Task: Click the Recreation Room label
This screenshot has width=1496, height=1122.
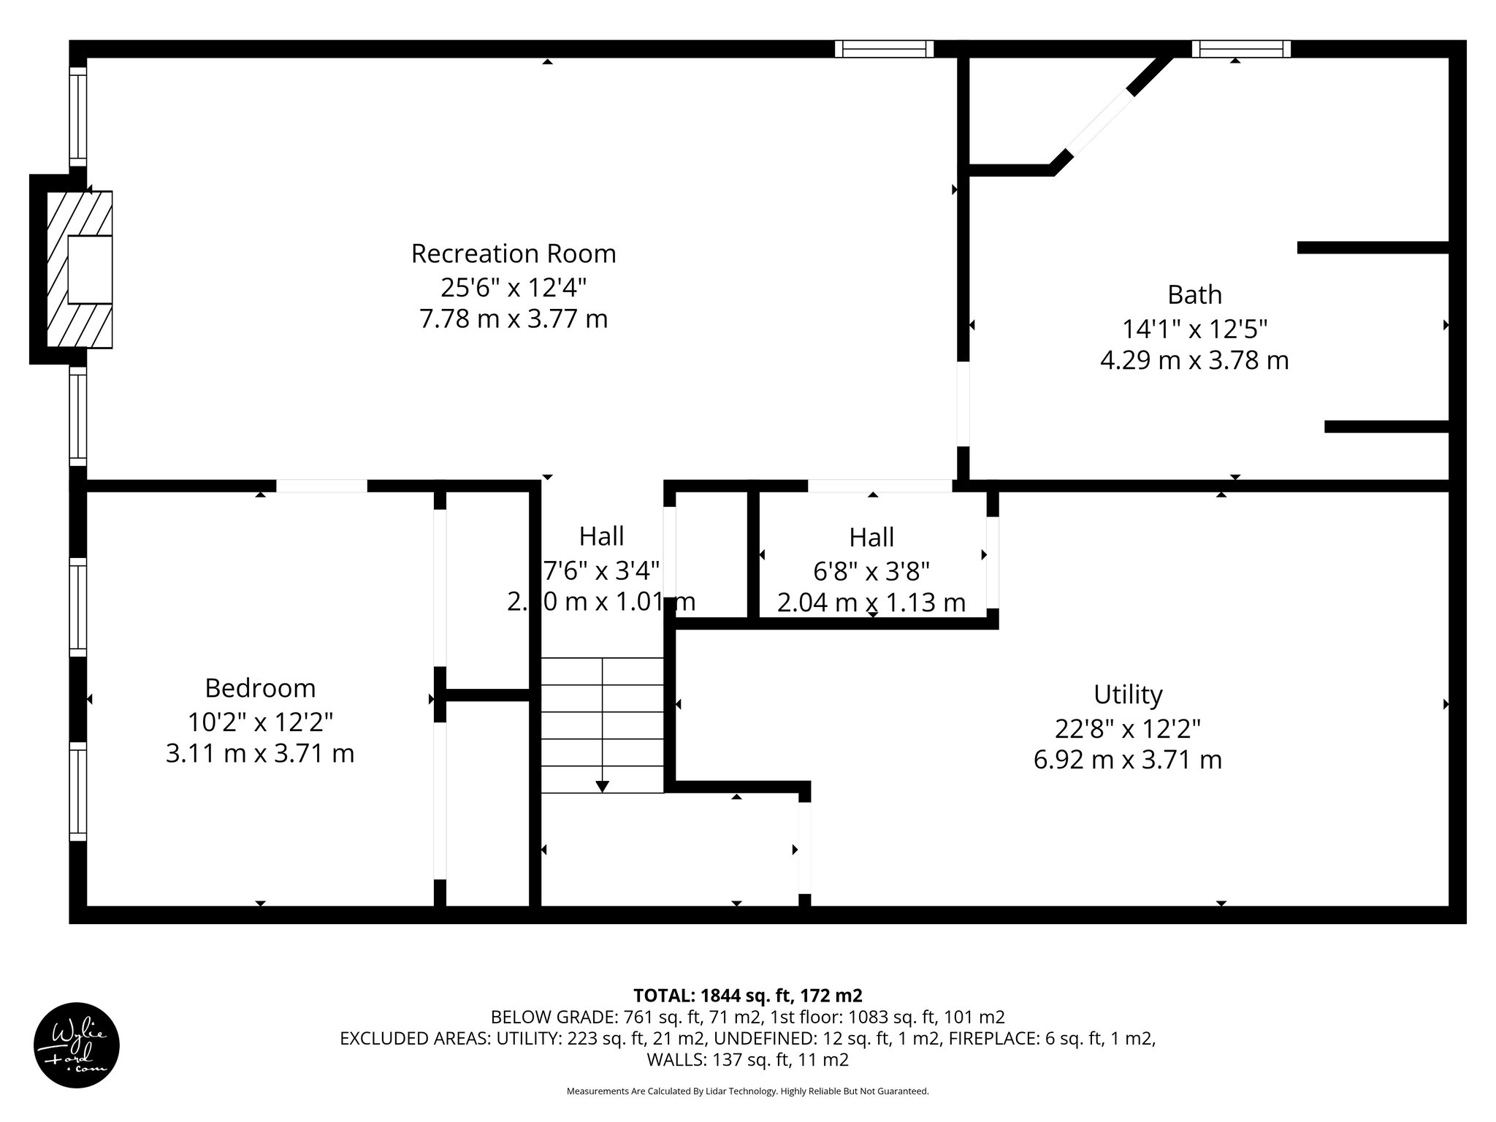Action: [x=514, y=253]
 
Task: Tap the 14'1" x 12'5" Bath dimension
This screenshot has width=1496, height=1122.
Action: [x=1194, y=329]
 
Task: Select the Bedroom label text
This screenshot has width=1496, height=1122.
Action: [x=260, y=688]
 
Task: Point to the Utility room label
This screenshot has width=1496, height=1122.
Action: [x=1127, y=694]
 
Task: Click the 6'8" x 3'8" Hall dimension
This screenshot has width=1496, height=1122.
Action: [x=871, y=570]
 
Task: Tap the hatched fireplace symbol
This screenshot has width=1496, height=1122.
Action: [x=80, y=269]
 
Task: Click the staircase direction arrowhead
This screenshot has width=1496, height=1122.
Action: [x=602, y=786]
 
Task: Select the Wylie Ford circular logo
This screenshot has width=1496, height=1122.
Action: [x=77, y=1045]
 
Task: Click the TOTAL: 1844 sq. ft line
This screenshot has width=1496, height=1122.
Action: [x=747, y=995]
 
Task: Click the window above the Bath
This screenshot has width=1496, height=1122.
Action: [x=1241, y=49]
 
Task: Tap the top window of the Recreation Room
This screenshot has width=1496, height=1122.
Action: [x=885, y=49]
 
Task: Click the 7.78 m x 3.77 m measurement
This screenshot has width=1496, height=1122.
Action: [x=514, y=319]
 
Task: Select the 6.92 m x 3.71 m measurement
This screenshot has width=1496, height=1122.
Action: [x=1127, y=760]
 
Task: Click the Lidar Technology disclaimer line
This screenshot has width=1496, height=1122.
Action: [x=747, y=1091]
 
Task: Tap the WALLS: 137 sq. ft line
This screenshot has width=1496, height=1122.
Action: [x=747, y=1059]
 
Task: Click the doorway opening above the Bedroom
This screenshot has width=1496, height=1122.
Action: [x=321, y=486]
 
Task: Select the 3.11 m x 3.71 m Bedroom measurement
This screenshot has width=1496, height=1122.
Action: [x=260, y=753]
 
